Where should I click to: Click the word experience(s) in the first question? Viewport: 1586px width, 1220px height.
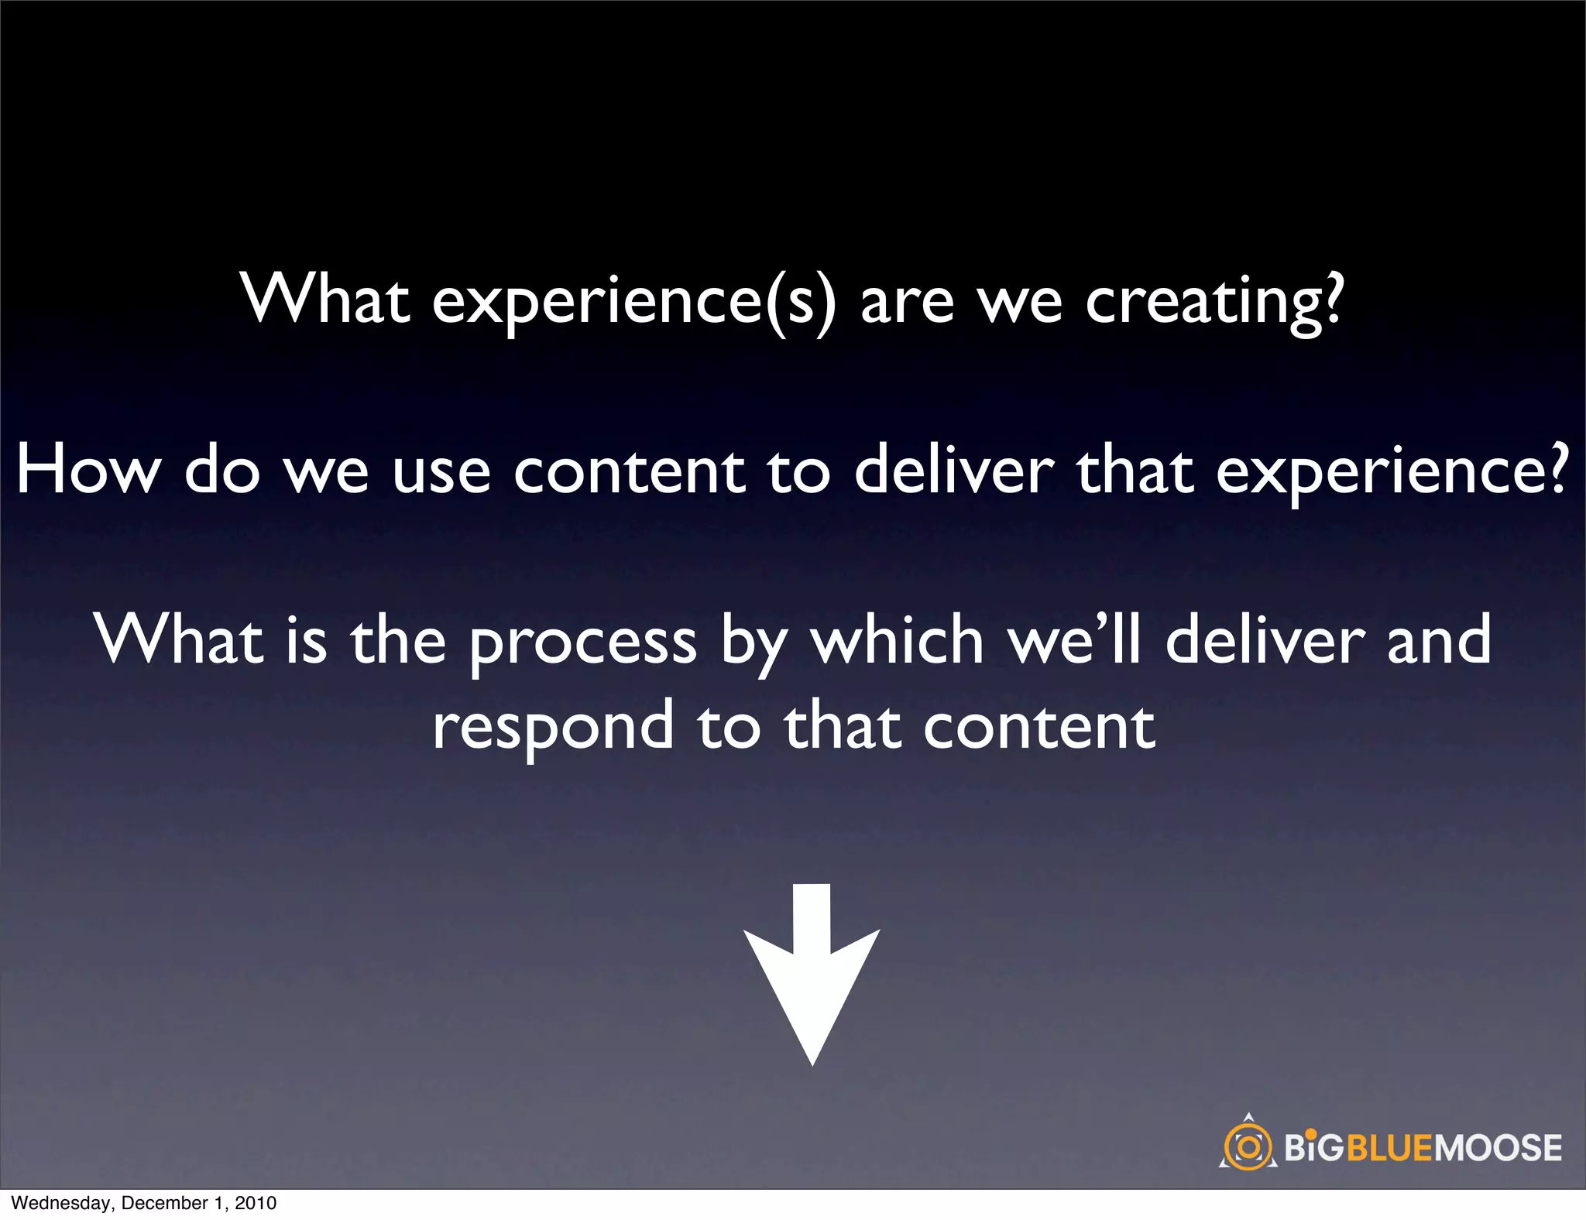[x=633, y=302]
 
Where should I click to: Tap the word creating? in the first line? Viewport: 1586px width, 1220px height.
[x=1214, y=302]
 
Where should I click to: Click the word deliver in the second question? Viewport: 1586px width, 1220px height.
[x=953, y=471]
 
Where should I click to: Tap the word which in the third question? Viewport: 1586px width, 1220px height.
[x=896, y=640]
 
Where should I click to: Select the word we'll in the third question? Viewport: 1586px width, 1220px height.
[x=1073, y=640]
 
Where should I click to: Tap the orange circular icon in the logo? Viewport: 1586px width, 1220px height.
[x=1248, y=1146]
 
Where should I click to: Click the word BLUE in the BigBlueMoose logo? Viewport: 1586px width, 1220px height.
[x=1390, y=1147]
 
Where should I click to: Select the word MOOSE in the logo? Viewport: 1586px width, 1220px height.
[x=1498, y=1147]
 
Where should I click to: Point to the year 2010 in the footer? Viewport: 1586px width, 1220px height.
[x=256, y=1203]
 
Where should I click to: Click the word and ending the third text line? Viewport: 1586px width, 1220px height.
[x=1438, y=640]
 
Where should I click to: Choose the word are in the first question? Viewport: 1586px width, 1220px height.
[x=907, y=302]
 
